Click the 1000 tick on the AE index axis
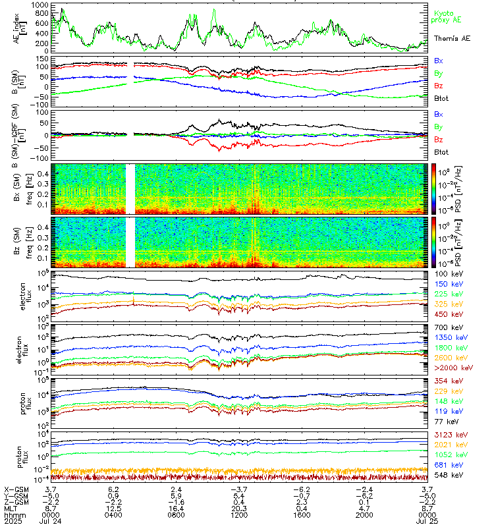tap(40, 5)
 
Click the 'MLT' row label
tap(13, 507)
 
